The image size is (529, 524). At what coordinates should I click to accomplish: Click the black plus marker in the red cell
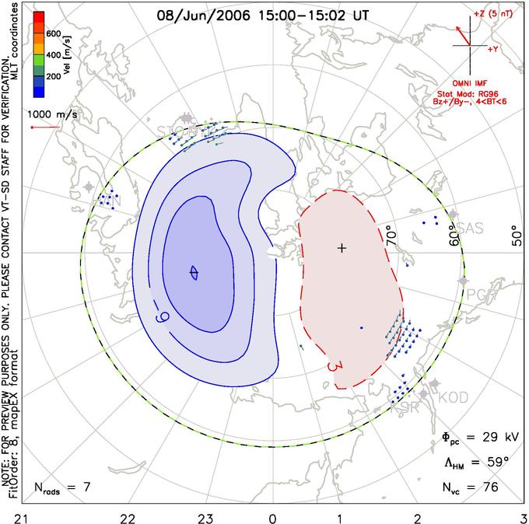pos(341,248)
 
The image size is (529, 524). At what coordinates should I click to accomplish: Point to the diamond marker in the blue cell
pos(194,272)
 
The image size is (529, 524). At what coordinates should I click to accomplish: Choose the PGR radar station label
pos(480,293)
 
